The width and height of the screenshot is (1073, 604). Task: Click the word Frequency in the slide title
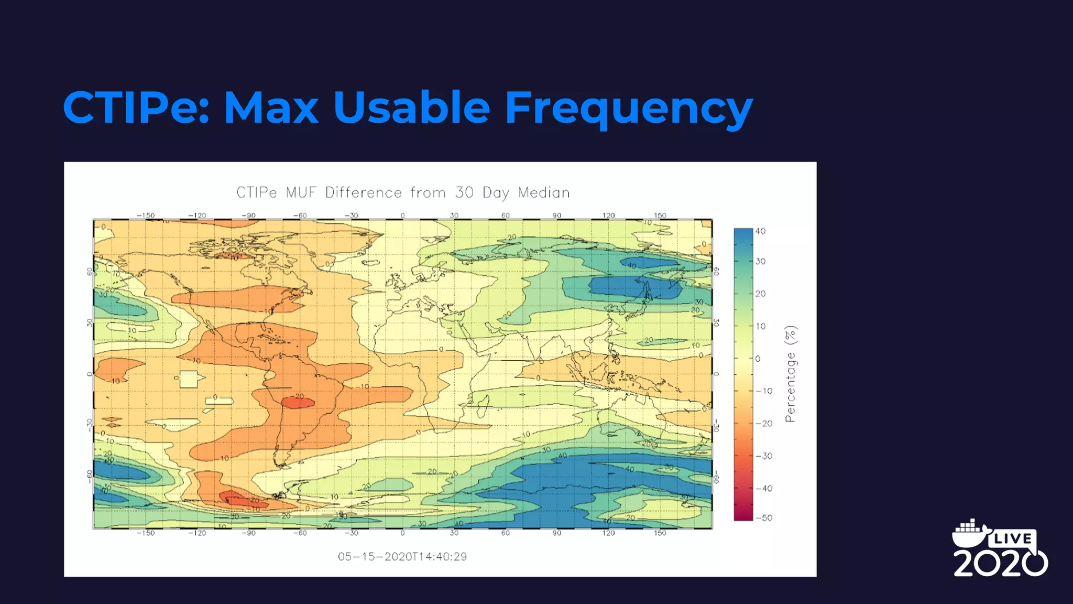(628, 108)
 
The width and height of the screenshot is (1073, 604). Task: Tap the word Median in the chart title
(543, 193)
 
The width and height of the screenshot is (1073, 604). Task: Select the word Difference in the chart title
(363, 193)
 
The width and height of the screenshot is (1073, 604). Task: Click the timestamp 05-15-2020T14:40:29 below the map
(402, 557)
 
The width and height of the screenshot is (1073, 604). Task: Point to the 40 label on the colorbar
(760, 231)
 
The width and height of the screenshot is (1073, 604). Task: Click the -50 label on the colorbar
(764, 518)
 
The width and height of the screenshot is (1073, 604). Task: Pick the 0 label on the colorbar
(758, 359)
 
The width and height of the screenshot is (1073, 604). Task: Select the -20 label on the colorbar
(764, 424)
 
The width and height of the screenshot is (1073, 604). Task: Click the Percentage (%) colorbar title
(790, 374)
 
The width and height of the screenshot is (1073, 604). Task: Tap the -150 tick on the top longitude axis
(146, 215)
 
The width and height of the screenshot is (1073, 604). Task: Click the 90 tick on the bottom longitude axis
(556, 533)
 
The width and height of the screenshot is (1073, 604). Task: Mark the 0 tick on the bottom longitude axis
(402, 533)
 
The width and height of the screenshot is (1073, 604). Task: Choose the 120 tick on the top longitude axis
(608, 215)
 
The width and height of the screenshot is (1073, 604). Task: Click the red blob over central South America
(298, 402)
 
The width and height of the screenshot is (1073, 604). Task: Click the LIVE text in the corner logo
(1012, 539)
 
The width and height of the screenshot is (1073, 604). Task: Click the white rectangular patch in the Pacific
(189, 379)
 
